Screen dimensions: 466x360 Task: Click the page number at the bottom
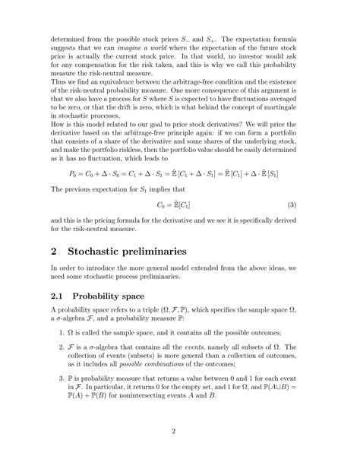point(180,433)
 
